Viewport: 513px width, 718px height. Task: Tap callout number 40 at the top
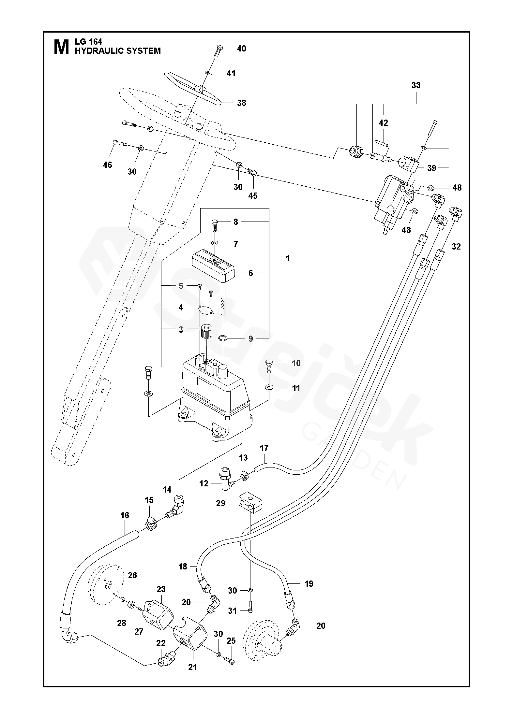click(x=241, y=49)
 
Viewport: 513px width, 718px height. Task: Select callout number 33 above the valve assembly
click(x=416, y=85)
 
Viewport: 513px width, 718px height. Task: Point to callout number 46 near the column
click(x=107, y=165)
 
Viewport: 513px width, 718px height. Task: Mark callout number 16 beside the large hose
click(x=125, y=515)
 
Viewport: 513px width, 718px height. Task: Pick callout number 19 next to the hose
click(x=309, y=583)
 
